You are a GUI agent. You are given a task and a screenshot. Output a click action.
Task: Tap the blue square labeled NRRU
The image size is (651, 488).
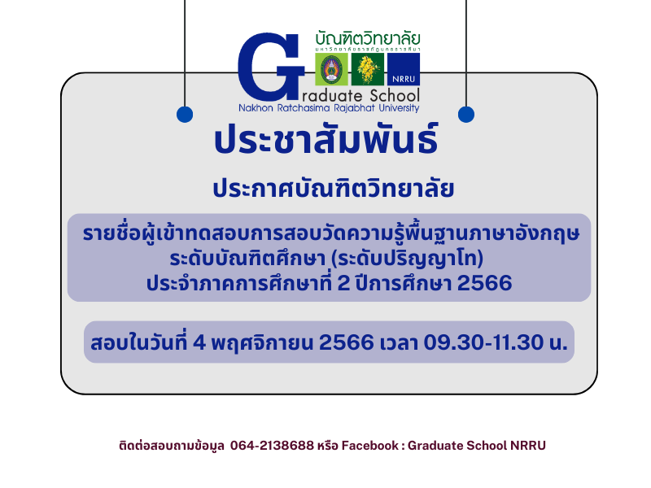[x=404, y=69]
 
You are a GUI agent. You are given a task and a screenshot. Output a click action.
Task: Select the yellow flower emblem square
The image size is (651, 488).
[x=368, y=69]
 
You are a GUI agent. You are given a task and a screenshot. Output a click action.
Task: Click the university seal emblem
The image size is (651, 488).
[x=331, y=69]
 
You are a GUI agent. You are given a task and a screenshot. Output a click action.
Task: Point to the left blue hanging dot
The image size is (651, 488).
[x=185, y=114]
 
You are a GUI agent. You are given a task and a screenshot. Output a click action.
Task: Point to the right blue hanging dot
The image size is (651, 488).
[x=466, y=114]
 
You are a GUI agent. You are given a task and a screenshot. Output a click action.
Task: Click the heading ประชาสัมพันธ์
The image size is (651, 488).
[x=326, y=139]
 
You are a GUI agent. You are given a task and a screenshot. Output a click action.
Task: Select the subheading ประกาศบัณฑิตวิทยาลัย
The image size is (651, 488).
[x=333, y=189]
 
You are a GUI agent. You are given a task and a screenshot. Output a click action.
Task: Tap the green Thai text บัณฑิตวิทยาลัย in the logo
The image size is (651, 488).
[x=368, y=38]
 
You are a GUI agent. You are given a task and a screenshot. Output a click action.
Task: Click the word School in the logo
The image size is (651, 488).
[x=395, y=96]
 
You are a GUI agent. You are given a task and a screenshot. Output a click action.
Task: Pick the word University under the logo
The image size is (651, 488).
[x=399, y=108]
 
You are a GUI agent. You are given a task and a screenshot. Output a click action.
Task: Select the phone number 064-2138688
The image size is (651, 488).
[x=272, y=445]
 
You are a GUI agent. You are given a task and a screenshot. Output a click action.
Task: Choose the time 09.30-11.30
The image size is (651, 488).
[x=483, y=342]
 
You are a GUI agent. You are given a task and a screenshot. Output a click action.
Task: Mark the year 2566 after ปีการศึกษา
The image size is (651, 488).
[x=484, y=283]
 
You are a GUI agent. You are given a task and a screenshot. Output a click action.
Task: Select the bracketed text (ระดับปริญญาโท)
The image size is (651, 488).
[x=408, y=259]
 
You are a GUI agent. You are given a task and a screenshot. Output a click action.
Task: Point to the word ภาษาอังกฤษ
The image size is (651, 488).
[x=524, y=233]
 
